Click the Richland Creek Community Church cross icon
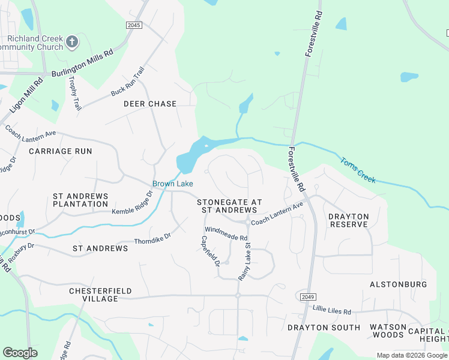tap(71, 42)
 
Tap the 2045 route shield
tap(135, 25)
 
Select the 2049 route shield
tap(306, 297)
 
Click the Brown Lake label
tap(172, 184)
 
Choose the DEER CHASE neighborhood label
tap(150, 104)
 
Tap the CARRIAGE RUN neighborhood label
tap(61, 151)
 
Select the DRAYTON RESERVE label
tap(348, 220)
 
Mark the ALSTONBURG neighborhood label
tap(398, 284)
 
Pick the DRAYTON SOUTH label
tap(324, 328)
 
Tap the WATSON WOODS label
tap(388, 331)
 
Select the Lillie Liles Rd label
tap(331, 310)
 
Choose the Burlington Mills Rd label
tap(82, 63)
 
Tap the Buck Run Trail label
tap(128, 82)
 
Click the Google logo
tap(20, 353)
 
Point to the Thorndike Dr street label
tap(153, 238)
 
